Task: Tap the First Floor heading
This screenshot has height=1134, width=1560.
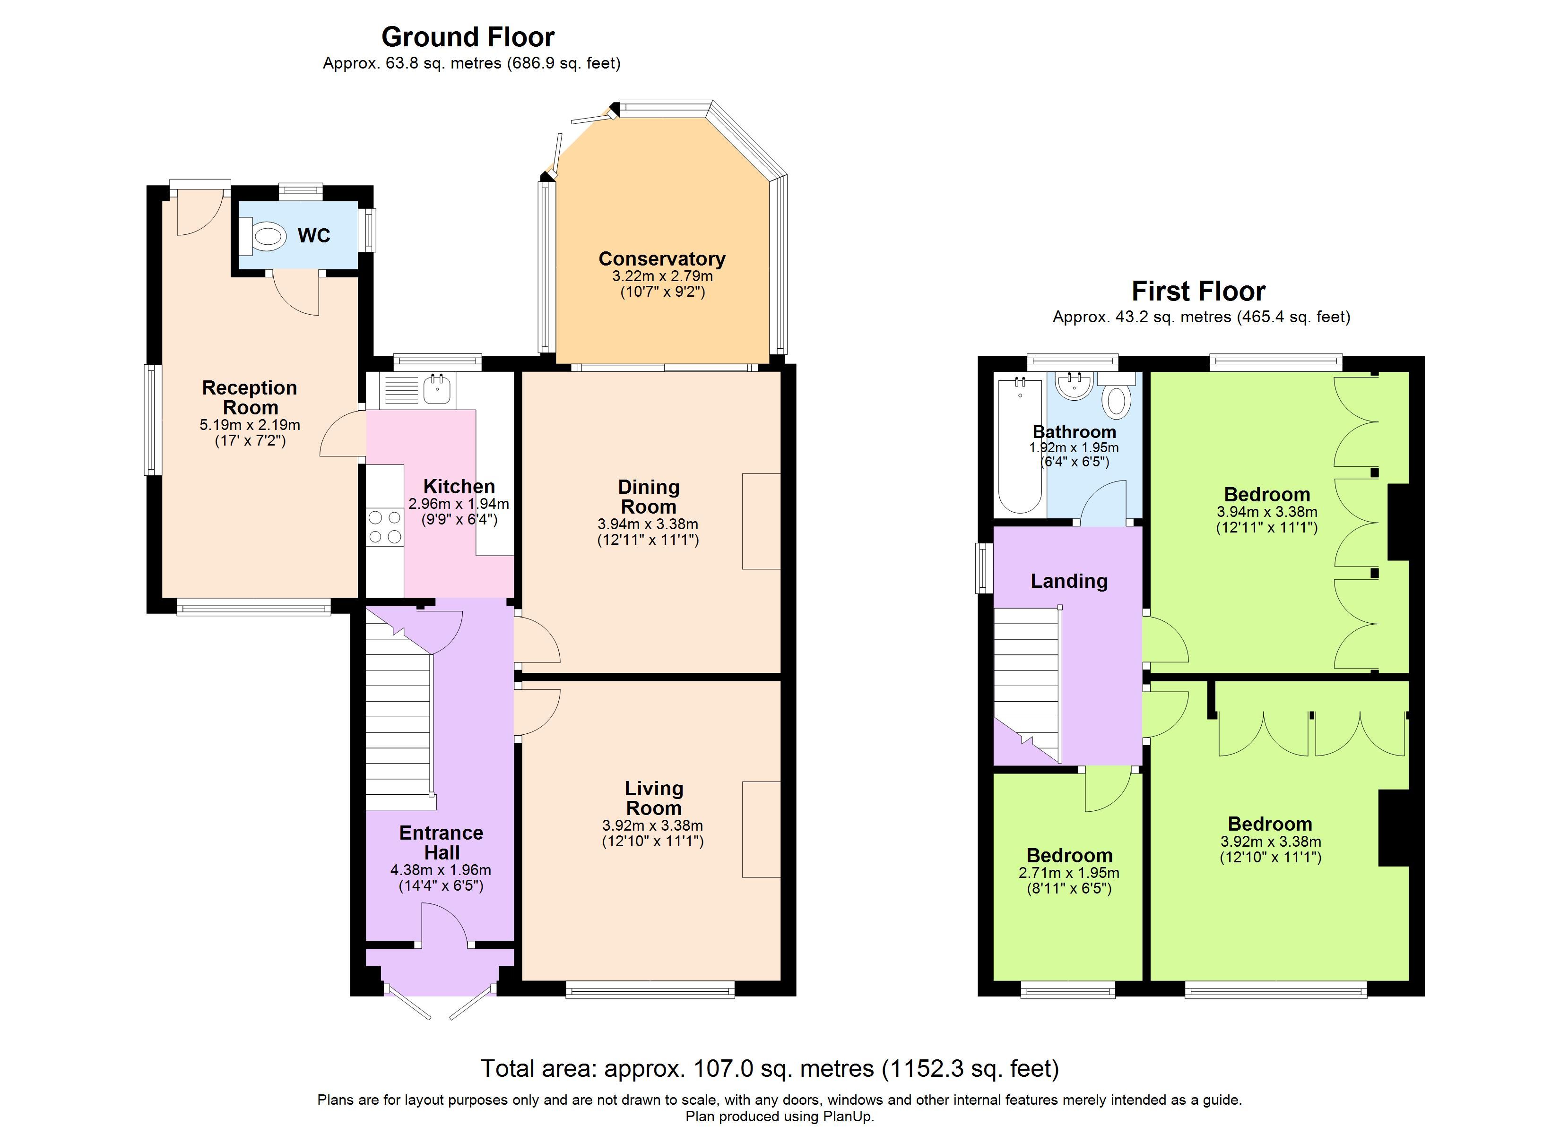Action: [1198, 292]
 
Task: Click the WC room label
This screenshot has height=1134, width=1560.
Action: [313, 236]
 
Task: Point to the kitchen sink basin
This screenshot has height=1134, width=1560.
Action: [437, 389]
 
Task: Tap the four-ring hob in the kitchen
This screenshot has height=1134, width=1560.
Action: [384, 527]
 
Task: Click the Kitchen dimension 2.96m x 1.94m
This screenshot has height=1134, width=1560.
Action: [459, 503]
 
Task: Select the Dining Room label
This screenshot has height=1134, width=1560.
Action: [649, 497]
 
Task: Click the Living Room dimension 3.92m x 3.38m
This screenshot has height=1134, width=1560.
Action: [653, 825]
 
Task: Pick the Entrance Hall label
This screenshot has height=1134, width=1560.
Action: [442, 842]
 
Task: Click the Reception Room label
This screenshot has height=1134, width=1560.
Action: [250, 397]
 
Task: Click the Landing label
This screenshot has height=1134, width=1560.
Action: [1069, 582]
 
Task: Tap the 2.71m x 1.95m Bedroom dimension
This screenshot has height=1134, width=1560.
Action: [1069, 873]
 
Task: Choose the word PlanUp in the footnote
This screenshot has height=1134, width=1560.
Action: [848, 1117]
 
